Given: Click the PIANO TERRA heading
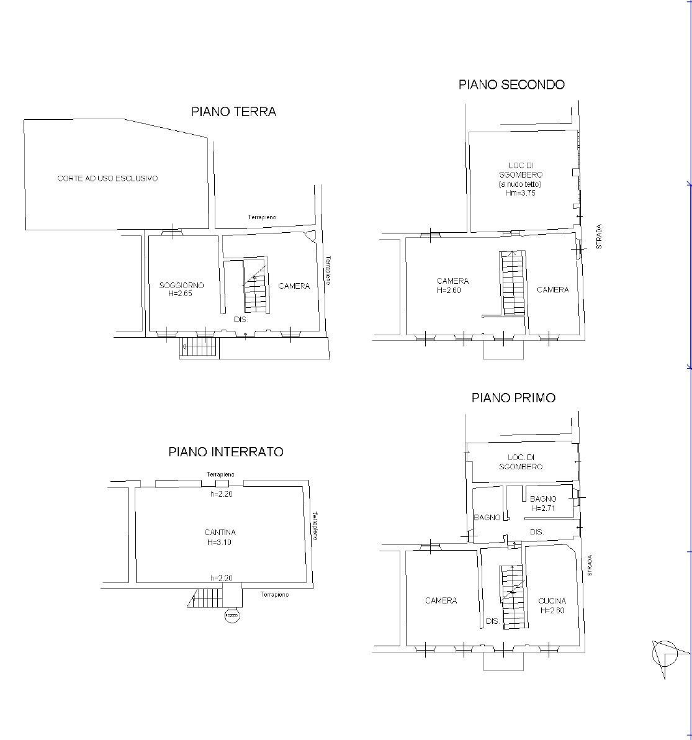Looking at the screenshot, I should coord(233,112).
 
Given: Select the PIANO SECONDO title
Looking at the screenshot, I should coord(511,84).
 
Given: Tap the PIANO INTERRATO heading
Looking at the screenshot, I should coord(226,451).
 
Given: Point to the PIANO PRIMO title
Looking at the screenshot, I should coord(513,397).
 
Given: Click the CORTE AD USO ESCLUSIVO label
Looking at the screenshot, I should coord(107,178).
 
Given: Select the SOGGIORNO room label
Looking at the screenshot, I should coord(181,286).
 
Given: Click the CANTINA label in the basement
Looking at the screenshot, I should coord(220,532).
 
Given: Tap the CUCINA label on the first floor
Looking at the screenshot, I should coord(552,600).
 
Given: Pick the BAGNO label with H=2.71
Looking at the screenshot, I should coord(542,499).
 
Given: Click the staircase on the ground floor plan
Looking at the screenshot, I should coord(256,287).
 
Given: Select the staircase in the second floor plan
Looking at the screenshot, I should coord(513,283).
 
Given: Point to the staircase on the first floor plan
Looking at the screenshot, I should coord(513,596).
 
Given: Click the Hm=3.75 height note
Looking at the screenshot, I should coord(520,193).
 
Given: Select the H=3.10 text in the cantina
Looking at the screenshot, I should coord(220,542).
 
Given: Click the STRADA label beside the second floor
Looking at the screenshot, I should coord(599,237).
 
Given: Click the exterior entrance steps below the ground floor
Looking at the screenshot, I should coord(199,348).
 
